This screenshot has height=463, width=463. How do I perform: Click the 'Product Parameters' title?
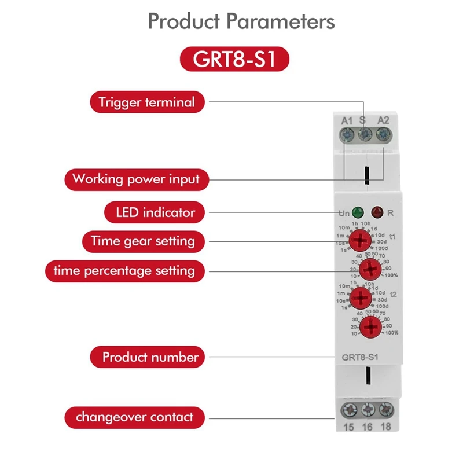(x=241, y=21)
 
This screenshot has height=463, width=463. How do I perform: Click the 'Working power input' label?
(x=135, y=179)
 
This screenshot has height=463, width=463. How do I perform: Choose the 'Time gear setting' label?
(x=143, y=240)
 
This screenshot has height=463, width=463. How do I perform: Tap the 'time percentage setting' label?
(x=124, y=270)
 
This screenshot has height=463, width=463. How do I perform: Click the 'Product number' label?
(x=150, y=357)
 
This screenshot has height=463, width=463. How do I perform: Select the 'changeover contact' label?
(x=134, y=417)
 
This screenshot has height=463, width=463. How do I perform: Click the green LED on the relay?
(x=358, y=212)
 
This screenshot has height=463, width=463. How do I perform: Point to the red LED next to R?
(x=377, y=212)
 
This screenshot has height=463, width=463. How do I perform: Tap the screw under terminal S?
(x=365, y=135)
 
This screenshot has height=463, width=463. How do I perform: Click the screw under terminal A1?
(x=347, y=135)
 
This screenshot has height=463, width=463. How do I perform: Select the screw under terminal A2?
(x=383, y=135)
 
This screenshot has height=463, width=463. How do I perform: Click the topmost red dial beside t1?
(x=361, y=240)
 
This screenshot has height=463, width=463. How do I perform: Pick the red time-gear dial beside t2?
(x=361, y=298)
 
